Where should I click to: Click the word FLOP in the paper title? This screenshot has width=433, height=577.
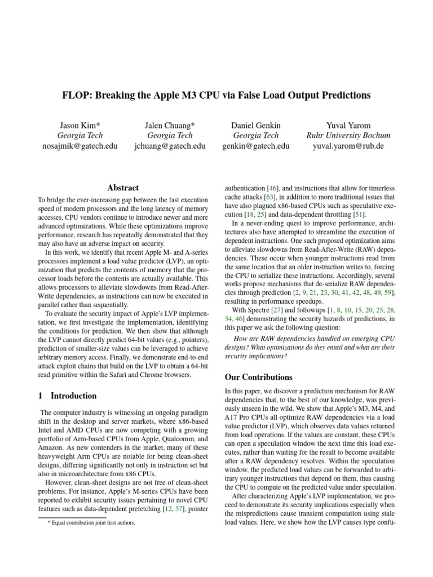(77, 95)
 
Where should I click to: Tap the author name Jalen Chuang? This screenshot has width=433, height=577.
(170, 125)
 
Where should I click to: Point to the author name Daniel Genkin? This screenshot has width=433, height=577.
(256, 125)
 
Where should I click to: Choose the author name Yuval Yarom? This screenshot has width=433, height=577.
(348, 125)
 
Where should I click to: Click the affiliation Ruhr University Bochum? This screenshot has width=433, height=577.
(348, 135)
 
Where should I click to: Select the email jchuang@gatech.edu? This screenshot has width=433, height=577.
(170, 146)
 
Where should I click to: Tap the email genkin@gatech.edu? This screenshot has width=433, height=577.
(256, 146)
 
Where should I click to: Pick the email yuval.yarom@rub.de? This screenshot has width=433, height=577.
(348, 146)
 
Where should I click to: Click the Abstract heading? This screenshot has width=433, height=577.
(123, 188)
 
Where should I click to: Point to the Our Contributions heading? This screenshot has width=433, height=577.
(258, 377)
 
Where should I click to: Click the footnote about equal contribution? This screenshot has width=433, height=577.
(91, 522)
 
